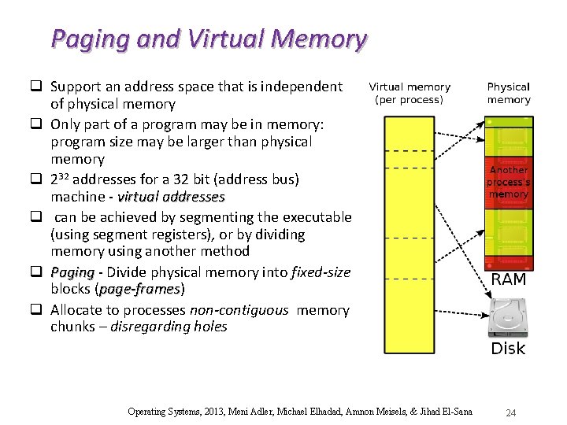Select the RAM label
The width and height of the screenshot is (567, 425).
[x=509, y=280]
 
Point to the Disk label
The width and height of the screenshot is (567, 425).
[x=508, y=348]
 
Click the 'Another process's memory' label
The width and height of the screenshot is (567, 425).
[x=509, y=182]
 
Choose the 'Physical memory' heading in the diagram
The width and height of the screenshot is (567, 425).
[x=509, y=93]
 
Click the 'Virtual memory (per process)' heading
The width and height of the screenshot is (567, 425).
[x=409, y=93]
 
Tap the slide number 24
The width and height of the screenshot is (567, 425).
[x=510, y=412]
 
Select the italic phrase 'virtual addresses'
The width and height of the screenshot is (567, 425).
[x=171, y=197]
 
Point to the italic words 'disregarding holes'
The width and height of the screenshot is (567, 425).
[x=169, y=327]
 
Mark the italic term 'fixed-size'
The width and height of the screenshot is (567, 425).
[x=320, y=272]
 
